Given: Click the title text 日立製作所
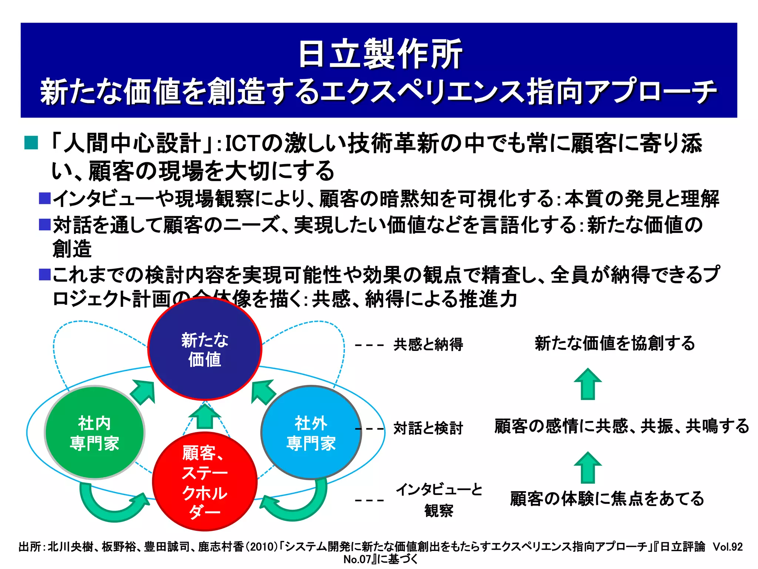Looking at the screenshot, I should click(380, 54).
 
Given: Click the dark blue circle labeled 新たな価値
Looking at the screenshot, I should click(205, 349).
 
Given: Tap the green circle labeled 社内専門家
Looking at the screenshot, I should click(94, 433).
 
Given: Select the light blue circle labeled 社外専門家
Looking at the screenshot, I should click(311, 433).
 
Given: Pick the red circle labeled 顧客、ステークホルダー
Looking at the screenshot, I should click(205, 482).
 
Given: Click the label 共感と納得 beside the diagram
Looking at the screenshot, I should click(428, 345).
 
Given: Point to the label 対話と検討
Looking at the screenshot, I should click(428, 428).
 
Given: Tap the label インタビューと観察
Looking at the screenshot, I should click(439, 500).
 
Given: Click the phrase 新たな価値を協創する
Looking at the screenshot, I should click(615, 343).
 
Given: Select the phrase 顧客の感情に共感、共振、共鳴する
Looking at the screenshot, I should click(621, 426).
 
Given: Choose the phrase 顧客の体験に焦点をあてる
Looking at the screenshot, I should click(607, 499).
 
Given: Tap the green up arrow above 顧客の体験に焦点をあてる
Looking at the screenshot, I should click(588, 467).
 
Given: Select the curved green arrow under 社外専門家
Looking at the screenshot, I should click(296, 504).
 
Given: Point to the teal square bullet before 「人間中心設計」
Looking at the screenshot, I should click(31, 143).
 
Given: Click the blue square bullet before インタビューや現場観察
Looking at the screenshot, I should click(45, 199).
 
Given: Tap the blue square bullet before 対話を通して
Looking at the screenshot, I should click(45, 224).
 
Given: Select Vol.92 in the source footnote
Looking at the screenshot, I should click(728, 547).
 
